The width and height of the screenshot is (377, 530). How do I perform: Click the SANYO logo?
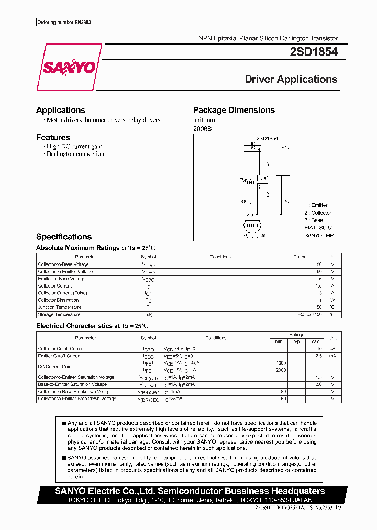point(69,68)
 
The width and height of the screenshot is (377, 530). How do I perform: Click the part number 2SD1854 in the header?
point(313,52)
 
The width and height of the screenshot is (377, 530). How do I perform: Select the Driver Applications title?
point(291,80)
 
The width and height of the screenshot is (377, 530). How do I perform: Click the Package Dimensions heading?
point(234,110)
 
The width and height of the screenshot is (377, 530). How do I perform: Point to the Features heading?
point(53,137)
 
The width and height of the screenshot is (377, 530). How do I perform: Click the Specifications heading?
point(63,237)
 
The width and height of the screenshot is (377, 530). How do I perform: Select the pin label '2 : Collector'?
point(318,213)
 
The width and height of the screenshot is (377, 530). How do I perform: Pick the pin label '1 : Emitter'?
point(316,205)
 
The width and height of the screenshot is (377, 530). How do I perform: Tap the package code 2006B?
point(202,128)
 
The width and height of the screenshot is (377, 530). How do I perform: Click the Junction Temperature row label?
point(59,307)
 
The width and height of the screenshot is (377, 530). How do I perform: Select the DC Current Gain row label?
point(54,367)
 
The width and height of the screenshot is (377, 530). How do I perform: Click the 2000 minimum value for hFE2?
point(280,370)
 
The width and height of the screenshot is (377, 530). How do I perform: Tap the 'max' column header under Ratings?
point(314,341)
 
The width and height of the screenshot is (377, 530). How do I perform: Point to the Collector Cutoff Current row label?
point(61,349)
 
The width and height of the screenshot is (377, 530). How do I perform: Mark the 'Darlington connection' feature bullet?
point(75,154)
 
